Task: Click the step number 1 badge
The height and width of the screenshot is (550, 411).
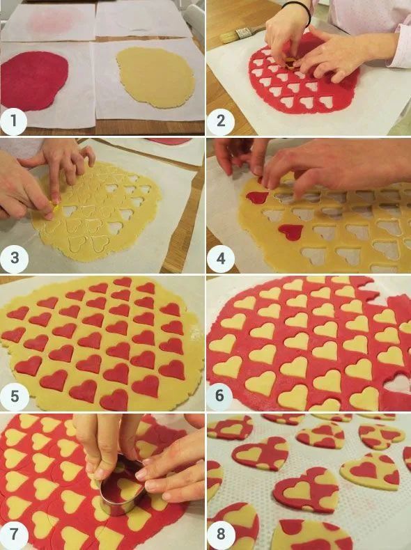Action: tap(13, 122)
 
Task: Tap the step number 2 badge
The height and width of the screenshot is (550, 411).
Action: tap(220, 122)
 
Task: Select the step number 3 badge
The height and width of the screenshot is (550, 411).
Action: tap(14, 258)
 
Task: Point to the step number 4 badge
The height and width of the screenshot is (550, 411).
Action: tap(220, 258)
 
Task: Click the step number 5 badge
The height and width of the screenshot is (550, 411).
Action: tap(14, 395)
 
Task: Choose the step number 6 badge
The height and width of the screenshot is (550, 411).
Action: tap(219, 395)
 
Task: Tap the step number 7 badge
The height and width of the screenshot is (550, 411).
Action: tap(14, 534)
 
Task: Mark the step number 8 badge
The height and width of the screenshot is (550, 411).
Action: tap(220, 534)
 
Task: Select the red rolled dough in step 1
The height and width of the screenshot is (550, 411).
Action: tap(33, 81)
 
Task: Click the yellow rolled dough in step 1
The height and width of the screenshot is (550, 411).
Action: tap(155, 78)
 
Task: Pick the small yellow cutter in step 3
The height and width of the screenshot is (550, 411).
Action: tap(55, 207)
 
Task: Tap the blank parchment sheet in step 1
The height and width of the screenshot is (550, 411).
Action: tap(144, 19)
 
